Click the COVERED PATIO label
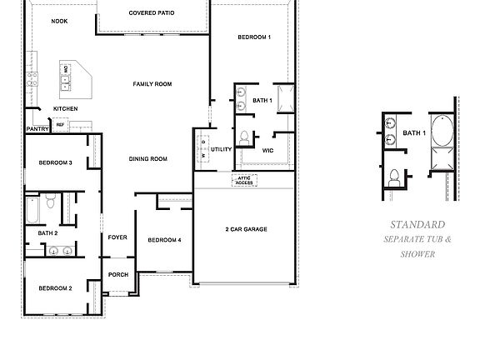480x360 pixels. click(x=152, y=13)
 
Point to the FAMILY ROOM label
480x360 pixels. click(x=152, y=84)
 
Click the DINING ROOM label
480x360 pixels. click(x=148, y=158)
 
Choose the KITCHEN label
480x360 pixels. click(x=66, y=109)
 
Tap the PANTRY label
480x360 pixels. click(x=37, y=129)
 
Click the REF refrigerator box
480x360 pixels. click(x=60, y=125)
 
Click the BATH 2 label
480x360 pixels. click(x=47, y=232)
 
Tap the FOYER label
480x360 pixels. click(x=117, y=237)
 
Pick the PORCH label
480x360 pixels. click(x=117, y=275)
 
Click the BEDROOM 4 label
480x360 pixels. click(x=164, y=240)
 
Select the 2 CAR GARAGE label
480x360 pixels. click(x=246, y=228)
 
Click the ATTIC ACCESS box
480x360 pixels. click(x=245, y=180)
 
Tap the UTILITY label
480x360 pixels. click(x=221, y=149)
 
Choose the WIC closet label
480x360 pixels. click(x=267, y=151)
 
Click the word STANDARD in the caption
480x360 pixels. click(x=417, y=225)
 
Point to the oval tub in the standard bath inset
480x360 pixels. click(x=442, y=132)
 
